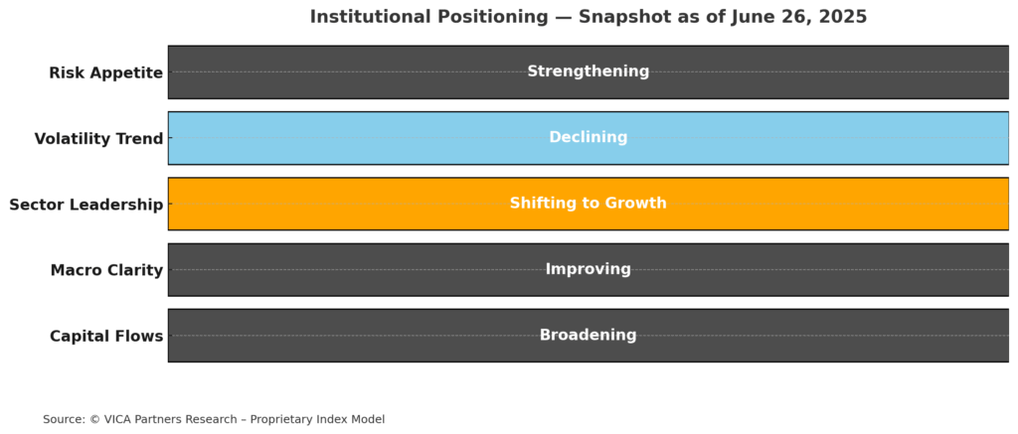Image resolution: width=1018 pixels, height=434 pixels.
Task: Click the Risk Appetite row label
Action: tap(105, 72)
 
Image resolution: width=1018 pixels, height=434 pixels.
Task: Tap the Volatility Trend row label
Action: tap(98, 138)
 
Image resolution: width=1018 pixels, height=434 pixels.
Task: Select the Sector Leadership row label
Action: tap(85, 205)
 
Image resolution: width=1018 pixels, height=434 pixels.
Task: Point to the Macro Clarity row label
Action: tap(106, 270)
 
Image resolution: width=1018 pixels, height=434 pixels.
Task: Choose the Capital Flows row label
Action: tap(106, 336)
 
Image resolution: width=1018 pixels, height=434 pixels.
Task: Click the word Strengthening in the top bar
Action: tap(589, 72)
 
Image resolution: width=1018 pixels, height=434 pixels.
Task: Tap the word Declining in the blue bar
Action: tap(589, 137)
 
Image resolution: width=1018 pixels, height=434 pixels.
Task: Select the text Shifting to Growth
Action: tap(589, 203)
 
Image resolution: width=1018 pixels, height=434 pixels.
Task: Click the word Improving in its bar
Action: tap(589, 268)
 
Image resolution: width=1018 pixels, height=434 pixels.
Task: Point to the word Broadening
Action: tap(589, 335)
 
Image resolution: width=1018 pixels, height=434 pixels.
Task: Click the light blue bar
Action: tap(589, 138)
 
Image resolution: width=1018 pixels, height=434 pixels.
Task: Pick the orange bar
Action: tap(589, 204)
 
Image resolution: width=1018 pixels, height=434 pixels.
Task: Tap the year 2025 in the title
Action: tap(845, 17)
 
